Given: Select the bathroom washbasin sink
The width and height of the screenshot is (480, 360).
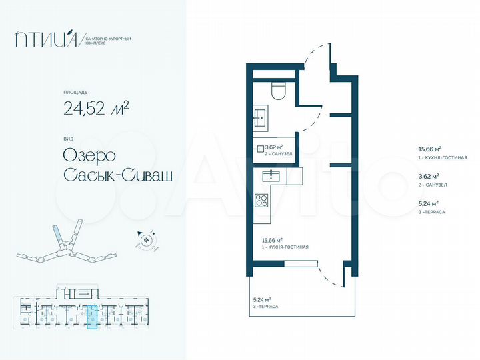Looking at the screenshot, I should pyautogui.click(x=260, y=117).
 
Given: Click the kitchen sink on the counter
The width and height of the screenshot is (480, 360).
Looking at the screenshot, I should pyautogui.click(x=272, y=175).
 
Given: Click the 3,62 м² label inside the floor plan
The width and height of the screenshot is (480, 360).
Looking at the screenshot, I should pyautogui.click(x=275, y=147).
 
